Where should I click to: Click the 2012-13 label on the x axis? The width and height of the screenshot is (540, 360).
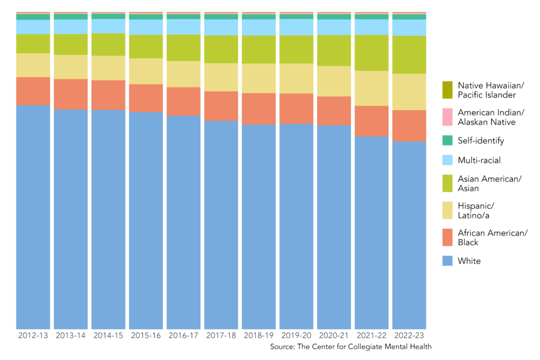click(x=33, y=335)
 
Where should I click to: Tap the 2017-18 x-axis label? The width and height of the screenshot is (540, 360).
click(x=221, y=335)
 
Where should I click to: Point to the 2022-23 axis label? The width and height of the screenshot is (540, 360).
click(x=409, y=335)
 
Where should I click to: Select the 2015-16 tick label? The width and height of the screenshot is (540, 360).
click(x=146, y=335)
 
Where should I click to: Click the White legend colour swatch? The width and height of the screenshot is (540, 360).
click(x=447, y=261)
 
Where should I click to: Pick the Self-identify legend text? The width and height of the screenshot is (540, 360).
click(x=481, y=141)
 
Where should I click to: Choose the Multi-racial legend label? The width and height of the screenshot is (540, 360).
click(x=479, y=160)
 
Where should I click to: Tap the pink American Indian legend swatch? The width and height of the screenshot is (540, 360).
click(x=447, y=117)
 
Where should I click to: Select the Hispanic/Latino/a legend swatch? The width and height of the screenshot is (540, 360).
click(x=447, y=209)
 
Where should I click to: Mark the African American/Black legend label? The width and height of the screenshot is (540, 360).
click(x=493, y=238)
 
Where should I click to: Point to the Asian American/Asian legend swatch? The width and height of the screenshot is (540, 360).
click(x=447, y=183)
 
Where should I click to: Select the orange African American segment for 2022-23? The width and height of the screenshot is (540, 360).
click(x=409, y=125)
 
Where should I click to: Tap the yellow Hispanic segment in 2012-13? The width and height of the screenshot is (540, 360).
click(x=33, y=65)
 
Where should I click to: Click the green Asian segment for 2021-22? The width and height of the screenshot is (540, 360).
click(x=371, y=53)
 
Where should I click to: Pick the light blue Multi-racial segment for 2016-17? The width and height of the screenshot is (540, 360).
click(x=183, y=27)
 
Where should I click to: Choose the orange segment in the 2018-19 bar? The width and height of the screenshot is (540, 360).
click(x=258, y=109)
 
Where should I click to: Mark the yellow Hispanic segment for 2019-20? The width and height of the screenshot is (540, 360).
click(x=296, y=79)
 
